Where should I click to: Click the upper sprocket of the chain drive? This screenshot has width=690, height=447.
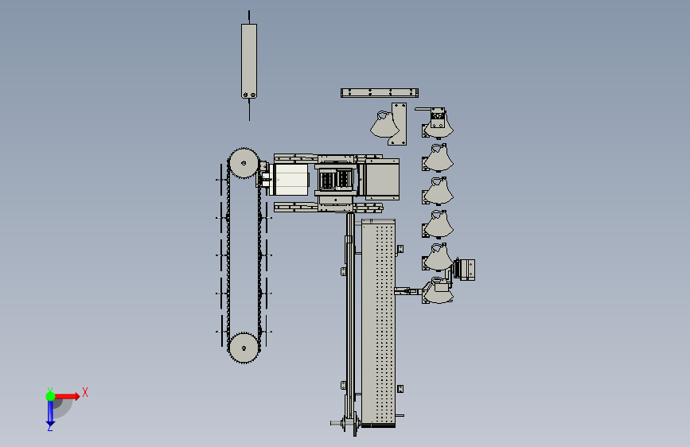244,163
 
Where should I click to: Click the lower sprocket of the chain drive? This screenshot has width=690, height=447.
244,348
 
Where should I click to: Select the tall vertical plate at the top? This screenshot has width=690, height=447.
249,61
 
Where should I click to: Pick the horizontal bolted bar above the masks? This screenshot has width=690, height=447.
380,93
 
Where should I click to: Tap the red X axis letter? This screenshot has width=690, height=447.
85,392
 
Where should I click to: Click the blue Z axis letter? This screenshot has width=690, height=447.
50,427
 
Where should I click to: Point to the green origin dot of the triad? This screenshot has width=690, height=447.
51,396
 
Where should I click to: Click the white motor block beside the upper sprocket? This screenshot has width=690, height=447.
290,180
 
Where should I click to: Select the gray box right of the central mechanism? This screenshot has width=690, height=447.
382,180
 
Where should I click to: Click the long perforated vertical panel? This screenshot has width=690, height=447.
379,323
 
